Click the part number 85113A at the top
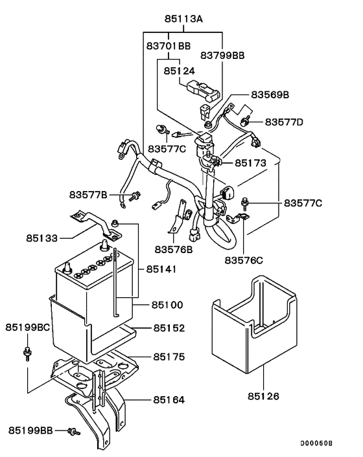[x=183, y=19]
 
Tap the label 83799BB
[x=222, y=56]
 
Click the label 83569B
[x=266, y=95]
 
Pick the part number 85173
[x=250, y=163]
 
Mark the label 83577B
[x=91, y=194]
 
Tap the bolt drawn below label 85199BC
[x=28, y=353]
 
